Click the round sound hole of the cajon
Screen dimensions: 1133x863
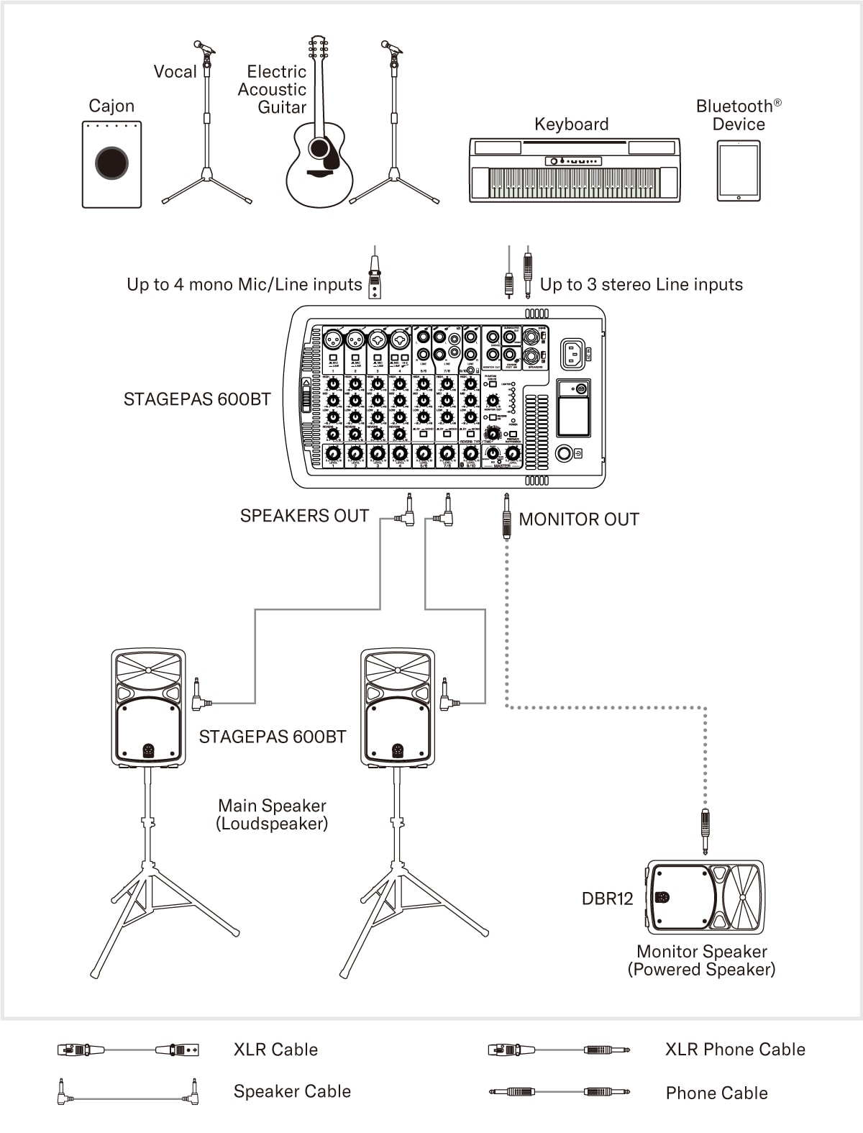111,163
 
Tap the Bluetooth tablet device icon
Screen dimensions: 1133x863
739,170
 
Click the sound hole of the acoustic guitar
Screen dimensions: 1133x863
319,148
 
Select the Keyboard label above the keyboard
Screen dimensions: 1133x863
571,124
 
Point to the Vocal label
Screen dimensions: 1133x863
175,71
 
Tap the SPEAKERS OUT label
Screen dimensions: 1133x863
304,516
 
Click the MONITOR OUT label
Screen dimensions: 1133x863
579,519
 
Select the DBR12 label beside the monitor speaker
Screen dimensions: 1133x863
607,898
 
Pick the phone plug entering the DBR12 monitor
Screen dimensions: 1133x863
706,831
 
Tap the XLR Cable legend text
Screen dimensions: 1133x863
275,1050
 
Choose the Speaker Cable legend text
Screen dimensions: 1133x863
292,1091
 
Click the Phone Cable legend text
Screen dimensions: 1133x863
716,1093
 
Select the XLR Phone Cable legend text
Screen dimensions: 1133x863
735,1050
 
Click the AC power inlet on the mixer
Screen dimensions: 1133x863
573,352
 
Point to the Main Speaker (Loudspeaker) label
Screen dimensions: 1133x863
272,814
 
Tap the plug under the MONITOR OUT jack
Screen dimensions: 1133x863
507,516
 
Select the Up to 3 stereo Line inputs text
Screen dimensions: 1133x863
641,285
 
